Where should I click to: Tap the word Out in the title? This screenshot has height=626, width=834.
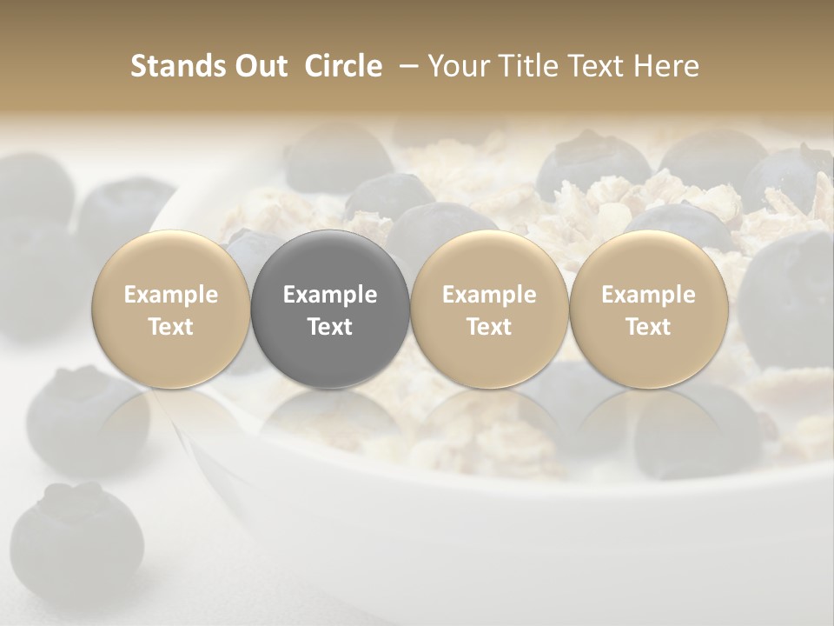coord(258,66)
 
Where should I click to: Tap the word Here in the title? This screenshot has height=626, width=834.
coord(666,66)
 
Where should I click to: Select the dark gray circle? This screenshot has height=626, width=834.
coord(330,310)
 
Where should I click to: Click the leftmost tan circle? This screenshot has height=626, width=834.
coord(171,310)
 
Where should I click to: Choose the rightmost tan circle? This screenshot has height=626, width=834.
coord(648,310)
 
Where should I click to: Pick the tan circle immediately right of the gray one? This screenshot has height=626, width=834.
coord(489,310)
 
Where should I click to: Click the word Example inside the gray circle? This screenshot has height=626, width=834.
coord(330,295)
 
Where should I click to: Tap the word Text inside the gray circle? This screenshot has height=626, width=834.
coord(330,327)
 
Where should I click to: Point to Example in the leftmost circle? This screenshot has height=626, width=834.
coord(171,295)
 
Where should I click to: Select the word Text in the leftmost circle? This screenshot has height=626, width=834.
coord(171,327)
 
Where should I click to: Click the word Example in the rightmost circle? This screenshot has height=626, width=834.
coord(648,295)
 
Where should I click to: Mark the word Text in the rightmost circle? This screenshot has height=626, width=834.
coord(648,327)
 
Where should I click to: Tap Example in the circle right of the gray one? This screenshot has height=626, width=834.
coord(489,295)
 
